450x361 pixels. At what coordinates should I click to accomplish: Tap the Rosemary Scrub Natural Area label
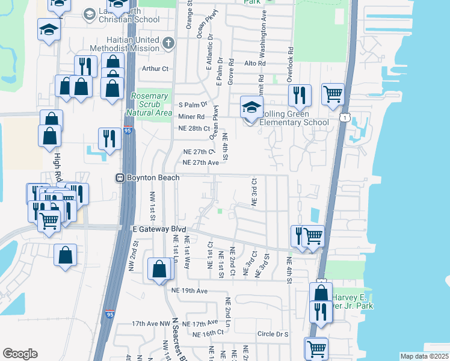150,104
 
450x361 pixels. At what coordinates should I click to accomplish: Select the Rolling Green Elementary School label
294,119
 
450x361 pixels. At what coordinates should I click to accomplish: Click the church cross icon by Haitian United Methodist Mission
168,43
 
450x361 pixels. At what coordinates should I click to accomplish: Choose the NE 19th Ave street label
189,291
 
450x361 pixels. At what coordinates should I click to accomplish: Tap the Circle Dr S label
273,334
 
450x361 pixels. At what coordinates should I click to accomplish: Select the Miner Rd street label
191,117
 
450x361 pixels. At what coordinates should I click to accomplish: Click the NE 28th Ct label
194,129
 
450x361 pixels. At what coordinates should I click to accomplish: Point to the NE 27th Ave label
200,162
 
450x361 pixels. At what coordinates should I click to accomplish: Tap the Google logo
20,354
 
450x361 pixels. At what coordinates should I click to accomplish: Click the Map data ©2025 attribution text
424,356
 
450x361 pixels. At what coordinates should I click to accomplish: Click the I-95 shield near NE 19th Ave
109,313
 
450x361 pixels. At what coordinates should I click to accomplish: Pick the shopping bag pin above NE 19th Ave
160,270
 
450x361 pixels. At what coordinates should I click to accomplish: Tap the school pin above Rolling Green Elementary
251,108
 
